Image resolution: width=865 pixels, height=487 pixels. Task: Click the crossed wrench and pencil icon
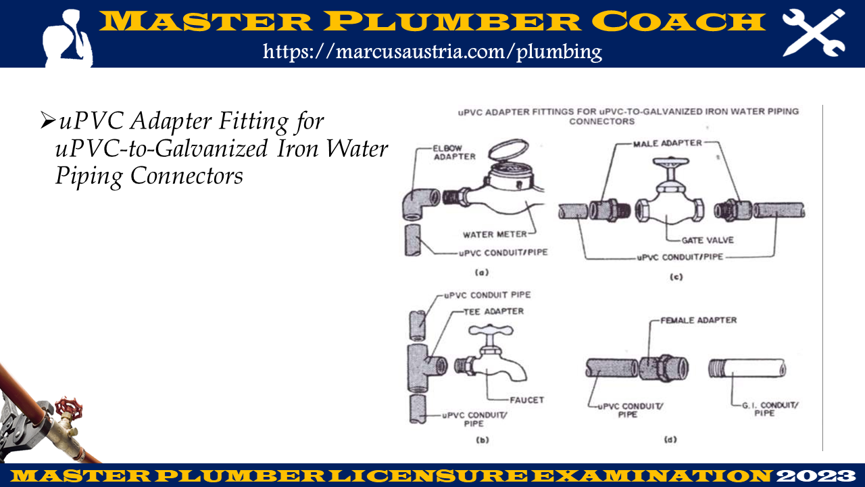click(x=814, y=33)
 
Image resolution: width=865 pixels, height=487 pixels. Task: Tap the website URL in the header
click(x=432, y=51)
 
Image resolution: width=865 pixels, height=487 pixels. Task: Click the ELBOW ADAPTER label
click(x=454, y=153)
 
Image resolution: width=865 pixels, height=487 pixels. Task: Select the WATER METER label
click(x=495, y=235)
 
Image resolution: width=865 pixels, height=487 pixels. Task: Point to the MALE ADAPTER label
click(x=667, y=143)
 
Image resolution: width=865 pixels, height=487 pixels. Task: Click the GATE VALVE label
click(x=708, y=240)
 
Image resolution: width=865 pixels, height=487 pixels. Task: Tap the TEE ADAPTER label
click(x=493, y=312)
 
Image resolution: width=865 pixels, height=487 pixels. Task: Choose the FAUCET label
click(x=526, y=400)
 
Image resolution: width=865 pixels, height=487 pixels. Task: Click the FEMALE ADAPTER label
click(x=699, y=321)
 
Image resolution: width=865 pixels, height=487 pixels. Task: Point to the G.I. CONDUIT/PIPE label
click(x=770, y=409)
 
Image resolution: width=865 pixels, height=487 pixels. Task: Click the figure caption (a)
click(x=482, y=273)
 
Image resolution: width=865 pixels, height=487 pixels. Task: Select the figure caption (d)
click(x=670, y=440)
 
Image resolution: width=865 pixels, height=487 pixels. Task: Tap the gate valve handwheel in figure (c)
click(x=671, y=161)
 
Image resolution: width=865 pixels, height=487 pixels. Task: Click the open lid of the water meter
click(x=508, y=149)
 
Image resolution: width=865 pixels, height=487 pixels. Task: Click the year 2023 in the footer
click(x=816, y=476)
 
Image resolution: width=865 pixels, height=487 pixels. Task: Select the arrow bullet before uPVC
click(x=47, y=121)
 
